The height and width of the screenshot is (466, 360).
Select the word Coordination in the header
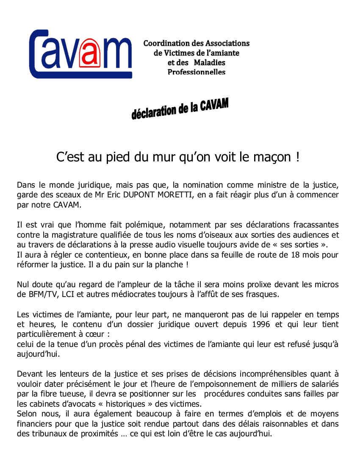tap(165, 43)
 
